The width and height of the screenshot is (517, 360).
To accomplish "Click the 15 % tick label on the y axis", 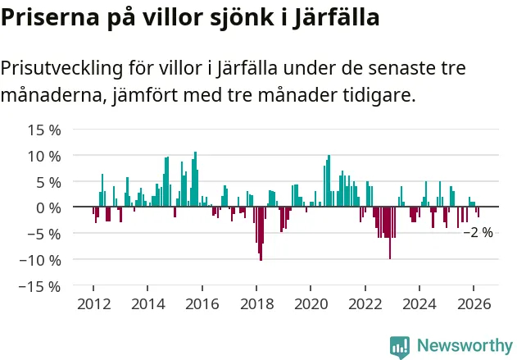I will (44, 130).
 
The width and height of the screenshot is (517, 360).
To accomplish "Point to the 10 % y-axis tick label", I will (44, 156).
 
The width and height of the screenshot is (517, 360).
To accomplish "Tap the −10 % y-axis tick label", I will (42, 260).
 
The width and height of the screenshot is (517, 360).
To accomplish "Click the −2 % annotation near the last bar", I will (478, 233).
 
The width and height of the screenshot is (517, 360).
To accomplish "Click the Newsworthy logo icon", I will (400, 346).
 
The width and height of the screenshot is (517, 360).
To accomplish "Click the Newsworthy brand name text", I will (464, 346).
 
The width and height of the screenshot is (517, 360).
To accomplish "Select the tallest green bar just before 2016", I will (195, 180).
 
